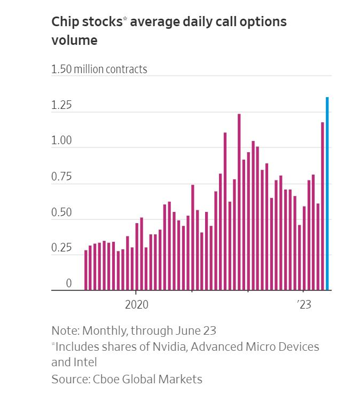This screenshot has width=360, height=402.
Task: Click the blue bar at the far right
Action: click(x=327, y=194)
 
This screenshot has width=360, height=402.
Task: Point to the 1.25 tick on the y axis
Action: click(x=61, y=105)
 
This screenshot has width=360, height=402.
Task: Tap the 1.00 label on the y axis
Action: click(x=61, y=141)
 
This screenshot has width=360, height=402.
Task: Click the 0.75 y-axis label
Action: click(x=61, y=177)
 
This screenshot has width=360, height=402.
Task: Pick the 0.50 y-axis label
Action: click(x=61, y=212)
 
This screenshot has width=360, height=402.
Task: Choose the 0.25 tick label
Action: click(x=61, y=248)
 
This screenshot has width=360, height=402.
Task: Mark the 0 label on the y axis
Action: click(x=68, y=284)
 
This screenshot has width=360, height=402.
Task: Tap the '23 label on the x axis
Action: click(x=304, y=304)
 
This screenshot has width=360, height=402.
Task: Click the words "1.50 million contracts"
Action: click(x=99, y=69)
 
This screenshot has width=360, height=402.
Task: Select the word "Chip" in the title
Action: click(x=66, y=22)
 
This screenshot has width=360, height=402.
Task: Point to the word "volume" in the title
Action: click(x=74, y=40)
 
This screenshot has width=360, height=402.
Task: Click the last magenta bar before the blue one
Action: click(x=323, y=206)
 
